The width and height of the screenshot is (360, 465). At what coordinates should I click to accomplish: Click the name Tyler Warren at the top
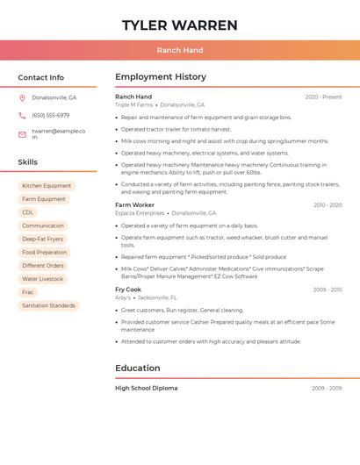click(x=180, y=25)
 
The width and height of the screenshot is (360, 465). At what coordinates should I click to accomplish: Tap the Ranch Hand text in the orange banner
click(x=180, y=50)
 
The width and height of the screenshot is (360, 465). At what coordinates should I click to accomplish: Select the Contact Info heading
click(x=40, y=77)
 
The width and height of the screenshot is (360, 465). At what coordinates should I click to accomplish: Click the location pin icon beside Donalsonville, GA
click(x=22, y=98)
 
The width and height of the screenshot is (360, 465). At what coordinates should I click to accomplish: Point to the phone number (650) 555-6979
click(x=50, y=115)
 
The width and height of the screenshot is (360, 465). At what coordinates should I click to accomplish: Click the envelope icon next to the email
click(x=22, y=134)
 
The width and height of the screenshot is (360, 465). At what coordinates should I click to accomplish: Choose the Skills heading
click(x=27, y=162)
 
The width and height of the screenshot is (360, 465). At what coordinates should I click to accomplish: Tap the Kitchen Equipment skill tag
click(x=47, y=186)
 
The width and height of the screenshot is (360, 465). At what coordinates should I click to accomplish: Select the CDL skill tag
click(x=28, y=212)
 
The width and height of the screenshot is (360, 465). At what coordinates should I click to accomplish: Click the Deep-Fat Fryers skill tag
click(x=42, y=239)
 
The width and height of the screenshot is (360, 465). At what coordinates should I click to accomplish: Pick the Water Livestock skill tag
click(x=42, y=279)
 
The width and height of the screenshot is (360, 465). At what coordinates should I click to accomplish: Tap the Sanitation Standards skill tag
click(x=48, y=305)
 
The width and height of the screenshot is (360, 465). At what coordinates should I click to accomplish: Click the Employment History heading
click(x=161, y=77)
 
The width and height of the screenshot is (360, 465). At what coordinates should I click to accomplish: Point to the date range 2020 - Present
click(x=323, y=97)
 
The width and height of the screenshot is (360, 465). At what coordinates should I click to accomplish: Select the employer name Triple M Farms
click(x=133, y=104)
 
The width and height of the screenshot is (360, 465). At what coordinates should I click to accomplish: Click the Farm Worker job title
click(x=134, y=205)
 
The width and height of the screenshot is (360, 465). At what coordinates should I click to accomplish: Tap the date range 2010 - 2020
click(x=328, y=205)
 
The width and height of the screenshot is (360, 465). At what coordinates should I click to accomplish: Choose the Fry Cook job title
click(x=128, y=290)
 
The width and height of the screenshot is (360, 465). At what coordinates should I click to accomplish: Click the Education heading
click(x=138, y=368)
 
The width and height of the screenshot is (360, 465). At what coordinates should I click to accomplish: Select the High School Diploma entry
click(x=146, y=388)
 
